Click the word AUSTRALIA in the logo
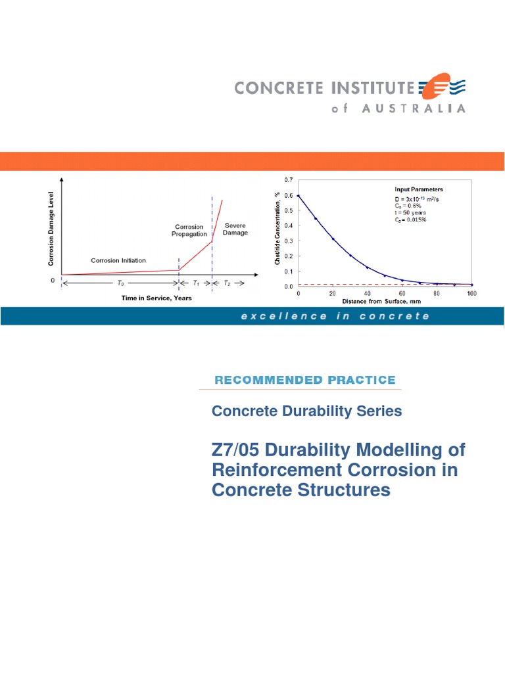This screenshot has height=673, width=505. coord(414,108)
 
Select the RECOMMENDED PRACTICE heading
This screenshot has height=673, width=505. coord(305,380)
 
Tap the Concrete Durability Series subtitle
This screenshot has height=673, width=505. coord(306,411)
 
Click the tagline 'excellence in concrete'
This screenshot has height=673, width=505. coord(335,316)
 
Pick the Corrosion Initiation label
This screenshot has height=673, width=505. coord(118,261)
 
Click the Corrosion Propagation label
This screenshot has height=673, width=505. coord(190,230)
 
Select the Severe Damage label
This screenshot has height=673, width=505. coord(235,229)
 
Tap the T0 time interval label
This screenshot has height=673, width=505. coord(119,284)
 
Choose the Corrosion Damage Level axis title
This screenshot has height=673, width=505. coord(51,229)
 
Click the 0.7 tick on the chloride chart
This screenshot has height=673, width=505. coord(288,180)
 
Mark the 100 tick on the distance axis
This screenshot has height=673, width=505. coord(471,293)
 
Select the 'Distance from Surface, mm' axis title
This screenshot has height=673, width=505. coord(384,300)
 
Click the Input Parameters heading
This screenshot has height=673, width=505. coord(418,189)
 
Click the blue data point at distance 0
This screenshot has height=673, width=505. coord(299,196)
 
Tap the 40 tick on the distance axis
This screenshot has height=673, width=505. coord(368,293)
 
